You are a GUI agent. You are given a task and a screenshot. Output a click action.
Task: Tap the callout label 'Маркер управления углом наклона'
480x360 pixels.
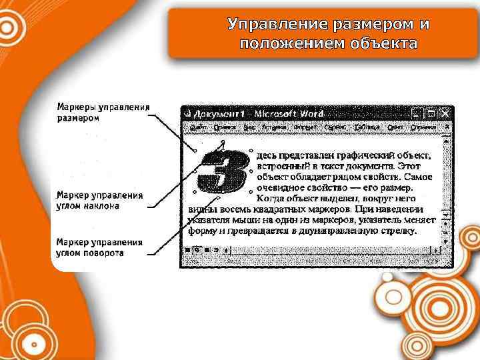coord(99,201)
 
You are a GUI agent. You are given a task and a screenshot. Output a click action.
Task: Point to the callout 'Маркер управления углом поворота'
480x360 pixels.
coord(99,247)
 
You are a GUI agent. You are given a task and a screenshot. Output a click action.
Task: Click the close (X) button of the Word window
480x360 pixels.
coord(444,113)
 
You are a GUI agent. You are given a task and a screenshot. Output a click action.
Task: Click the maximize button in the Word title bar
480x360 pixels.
coord(431,113)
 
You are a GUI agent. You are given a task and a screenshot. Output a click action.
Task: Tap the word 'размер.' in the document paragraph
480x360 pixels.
coord(414,188)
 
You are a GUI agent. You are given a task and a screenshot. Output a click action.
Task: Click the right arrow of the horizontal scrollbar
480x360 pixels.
coord(436,250)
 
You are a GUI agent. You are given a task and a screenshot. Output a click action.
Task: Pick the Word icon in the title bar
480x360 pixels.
coord(187,113)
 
